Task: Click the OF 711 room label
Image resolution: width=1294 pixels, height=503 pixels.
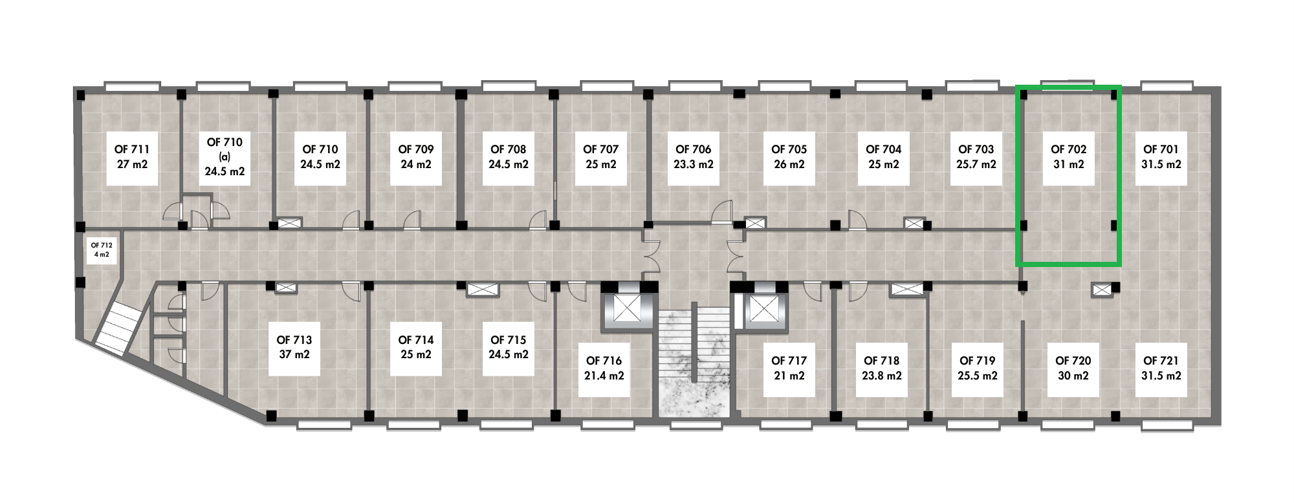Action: click(x=132, y=157)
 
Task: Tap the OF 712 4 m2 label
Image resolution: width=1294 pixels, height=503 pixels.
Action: click(x=102, y=250)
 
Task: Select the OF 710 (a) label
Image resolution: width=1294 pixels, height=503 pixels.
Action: click(x=225, y=157)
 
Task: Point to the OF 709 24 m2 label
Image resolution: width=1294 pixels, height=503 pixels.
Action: click(x=416, y=157)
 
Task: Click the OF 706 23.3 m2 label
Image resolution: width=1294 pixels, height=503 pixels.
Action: click(x=694, y=157)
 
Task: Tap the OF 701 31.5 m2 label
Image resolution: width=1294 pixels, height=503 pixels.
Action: click(x=1161, y=157)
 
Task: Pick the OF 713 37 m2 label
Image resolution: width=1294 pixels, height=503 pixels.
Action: click(x=294, y=348)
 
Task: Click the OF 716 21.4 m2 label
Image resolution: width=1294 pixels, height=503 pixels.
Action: click(x=604, y=369)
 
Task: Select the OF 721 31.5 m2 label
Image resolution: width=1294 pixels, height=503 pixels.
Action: click(x=1161, y=369)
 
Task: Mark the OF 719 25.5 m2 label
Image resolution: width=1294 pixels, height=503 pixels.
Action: click(x=978, y=369)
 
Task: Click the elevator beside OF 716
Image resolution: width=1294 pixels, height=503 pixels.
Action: click(x=626, y=308)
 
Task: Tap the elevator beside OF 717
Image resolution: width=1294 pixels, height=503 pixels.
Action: click(x=763, y=308)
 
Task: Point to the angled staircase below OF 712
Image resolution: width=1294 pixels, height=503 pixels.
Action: click(x=120, y=329)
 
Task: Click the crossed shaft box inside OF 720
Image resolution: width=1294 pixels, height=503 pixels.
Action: click(x=1102, y=290)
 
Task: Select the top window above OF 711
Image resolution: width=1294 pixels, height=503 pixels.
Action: click(x=132, y=87)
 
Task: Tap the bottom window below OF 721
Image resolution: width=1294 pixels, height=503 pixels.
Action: click(x=1167, y=425)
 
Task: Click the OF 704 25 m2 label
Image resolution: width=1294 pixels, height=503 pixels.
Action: click(x=884, y=157)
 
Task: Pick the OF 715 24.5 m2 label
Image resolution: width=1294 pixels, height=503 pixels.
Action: click(x=509, y=348)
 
